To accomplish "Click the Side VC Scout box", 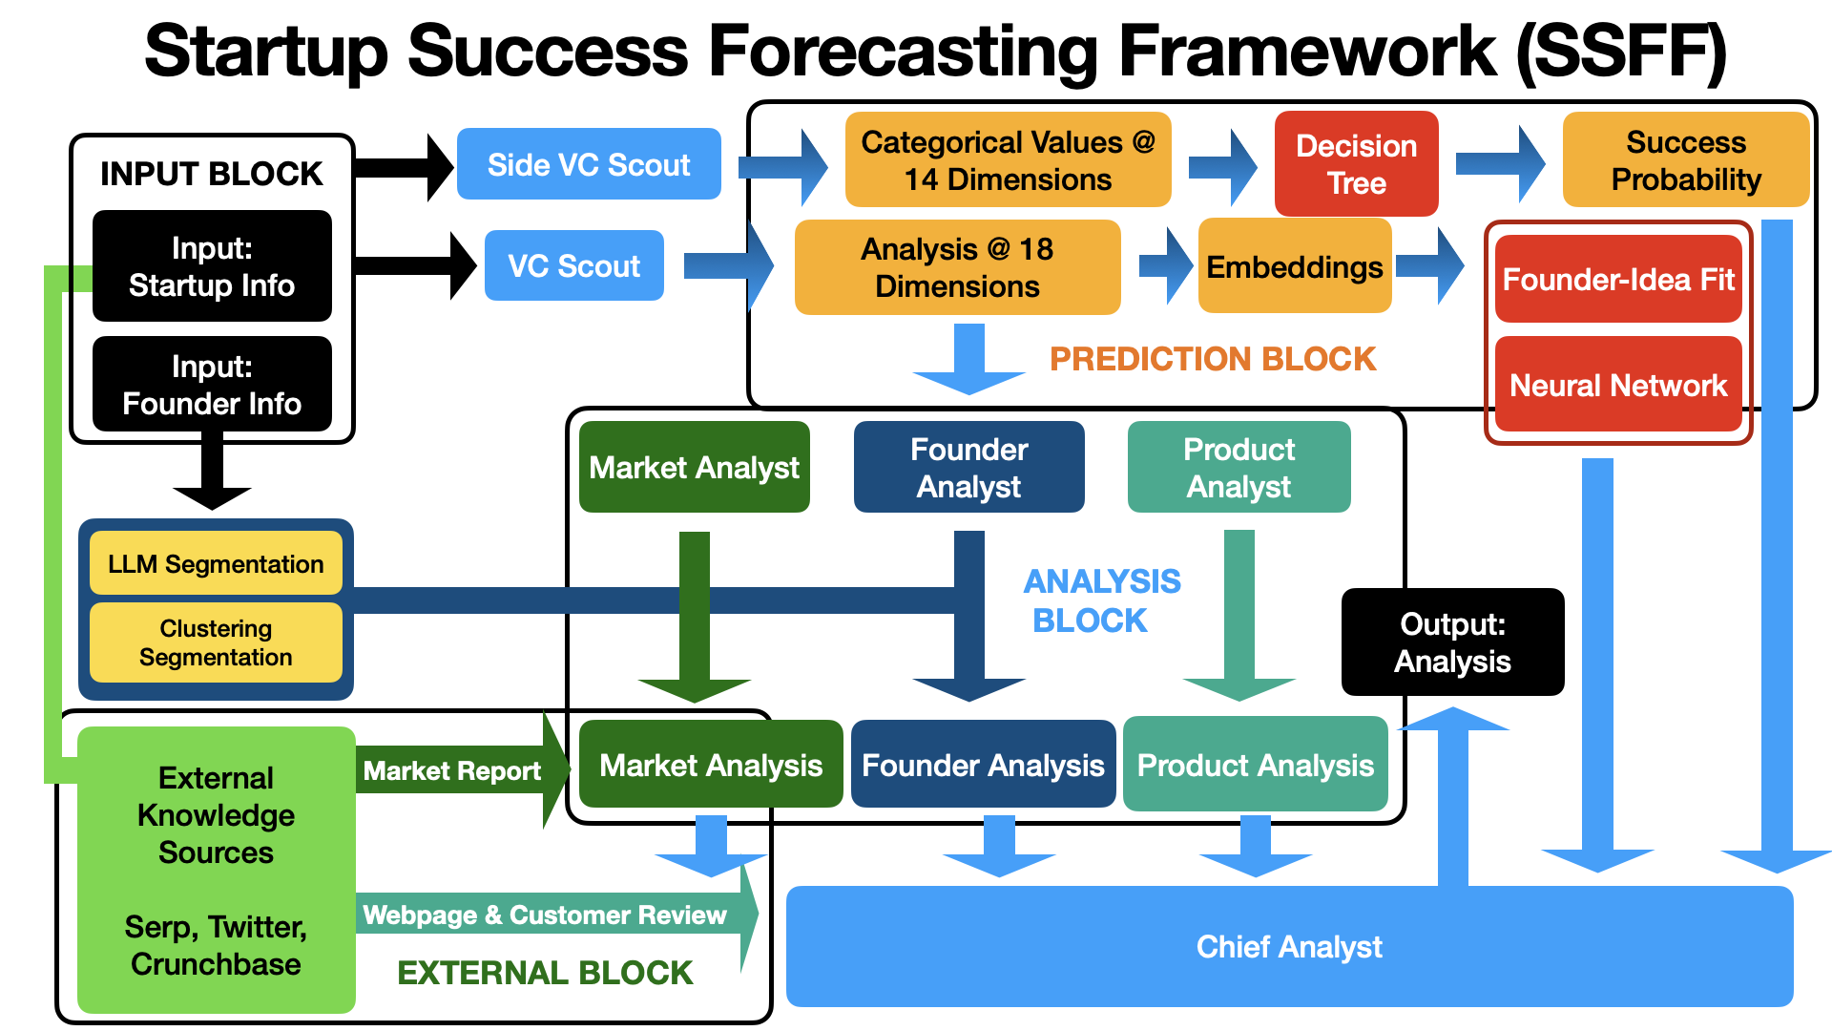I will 589,164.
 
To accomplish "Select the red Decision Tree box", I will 1356,163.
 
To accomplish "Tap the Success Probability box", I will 1685,160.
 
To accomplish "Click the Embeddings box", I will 1294,266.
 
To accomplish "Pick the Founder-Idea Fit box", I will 1618,279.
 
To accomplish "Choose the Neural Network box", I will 1618,385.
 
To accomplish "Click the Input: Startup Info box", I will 212,266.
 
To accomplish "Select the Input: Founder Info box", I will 212,385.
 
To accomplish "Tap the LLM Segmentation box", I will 216,563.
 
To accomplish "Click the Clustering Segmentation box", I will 216,642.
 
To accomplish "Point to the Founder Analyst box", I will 968,467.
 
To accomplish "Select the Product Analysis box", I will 1255,765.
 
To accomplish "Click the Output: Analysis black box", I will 1452,642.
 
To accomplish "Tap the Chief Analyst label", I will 1289,946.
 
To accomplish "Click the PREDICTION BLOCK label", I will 1213,359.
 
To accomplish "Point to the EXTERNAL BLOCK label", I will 545,973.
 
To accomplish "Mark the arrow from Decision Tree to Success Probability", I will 1499,164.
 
